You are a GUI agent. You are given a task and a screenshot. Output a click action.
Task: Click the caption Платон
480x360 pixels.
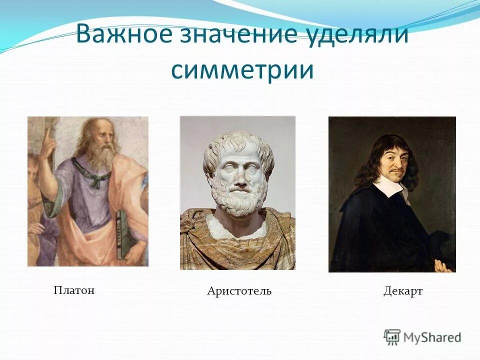pyautogui.click(x=74, y=290)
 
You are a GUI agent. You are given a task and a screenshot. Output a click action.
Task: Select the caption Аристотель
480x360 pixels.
pyautogui.click(x=239, y=291)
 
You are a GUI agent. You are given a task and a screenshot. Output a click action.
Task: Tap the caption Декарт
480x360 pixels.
pyautogui.click(x=403, y=291)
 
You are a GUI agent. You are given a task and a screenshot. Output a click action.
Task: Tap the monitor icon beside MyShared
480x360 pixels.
pyautogui.click(x=392, y=336)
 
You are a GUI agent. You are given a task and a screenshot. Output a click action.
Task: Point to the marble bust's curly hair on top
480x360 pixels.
pyautogui.click(x=237, y=142)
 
